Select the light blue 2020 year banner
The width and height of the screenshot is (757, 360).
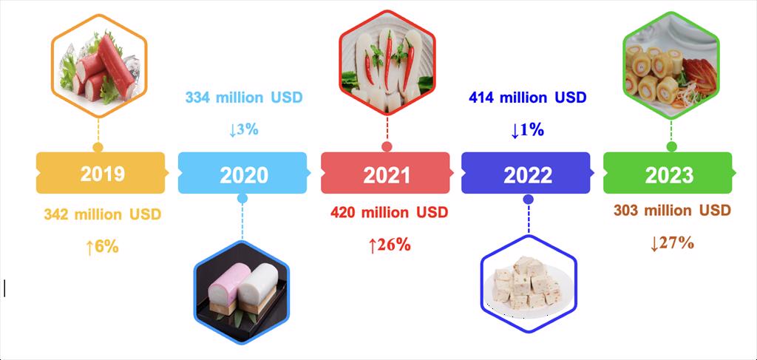click(243, 174)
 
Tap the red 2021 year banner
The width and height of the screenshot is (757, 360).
click(385, 174)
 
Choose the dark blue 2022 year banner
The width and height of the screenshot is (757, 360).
click(527, 174)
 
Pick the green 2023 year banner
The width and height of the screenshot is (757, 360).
click(668, 174)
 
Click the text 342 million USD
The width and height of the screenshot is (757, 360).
click(102, 214)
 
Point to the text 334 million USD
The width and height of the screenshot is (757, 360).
click(244, 98)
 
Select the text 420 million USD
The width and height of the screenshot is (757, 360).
click(389, 213)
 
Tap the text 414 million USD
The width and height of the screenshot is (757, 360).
click(528, 98)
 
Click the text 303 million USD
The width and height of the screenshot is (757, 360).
click(672, 211)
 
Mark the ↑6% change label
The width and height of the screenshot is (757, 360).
click(102, 247)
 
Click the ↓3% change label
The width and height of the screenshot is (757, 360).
click(243, 129)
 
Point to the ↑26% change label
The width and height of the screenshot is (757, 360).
click(389, 245)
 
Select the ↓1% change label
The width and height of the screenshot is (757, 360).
click(527, 129)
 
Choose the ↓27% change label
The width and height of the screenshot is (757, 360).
click(672, 242)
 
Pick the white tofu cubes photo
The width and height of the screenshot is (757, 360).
click(528, 284)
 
